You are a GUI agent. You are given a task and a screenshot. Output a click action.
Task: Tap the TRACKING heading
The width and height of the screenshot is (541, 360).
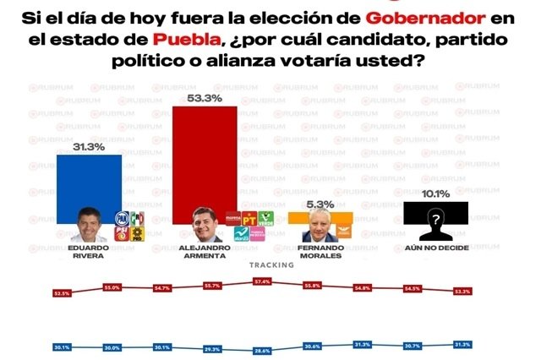(270, 265)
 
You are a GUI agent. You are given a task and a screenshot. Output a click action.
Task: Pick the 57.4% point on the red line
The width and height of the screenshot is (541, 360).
(262, 281)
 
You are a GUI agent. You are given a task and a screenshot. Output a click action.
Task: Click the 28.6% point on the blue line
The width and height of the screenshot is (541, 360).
(262, 350)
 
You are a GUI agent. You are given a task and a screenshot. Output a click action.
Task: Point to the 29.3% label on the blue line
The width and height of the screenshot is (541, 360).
(212, 348)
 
